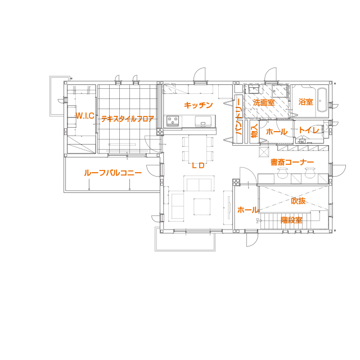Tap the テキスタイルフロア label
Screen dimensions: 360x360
[127, 119]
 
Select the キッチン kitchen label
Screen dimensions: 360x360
[198, 105]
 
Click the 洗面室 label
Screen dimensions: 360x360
[263, 102]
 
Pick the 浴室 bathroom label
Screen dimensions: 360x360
[305, 102]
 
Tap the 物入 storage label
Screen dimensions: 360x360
[254, 132]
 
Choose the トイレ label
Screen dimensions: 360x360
[309, 130]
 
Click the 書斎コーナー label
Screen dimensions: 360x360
[291, 163]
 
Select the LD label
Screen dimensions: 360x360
[198, 165]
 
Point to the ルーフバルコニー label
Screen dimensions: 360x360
[112, 173]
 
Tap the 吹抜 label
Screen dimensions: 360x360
[298, 201]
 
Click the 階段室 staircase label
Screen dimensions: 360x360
[291, 219]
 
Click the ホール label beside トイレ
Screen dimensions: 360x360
[276, 132]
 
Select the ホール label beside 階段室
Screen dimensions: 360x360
[248, 210]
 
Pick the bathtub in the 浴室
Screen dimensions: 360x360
[322, 100]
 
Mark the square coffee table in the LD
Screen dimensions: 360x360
[202, 206]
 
